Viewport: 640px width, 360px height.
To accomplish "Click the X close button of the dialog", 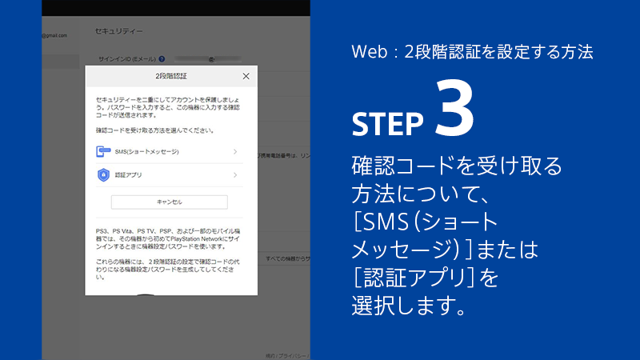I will pos(246,76).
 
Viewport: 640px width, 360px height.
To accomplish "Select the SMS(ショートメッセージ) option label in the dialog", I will pos(146,151).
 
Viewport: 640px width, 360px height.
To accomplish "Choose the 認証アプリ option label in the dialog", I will pos(129,174).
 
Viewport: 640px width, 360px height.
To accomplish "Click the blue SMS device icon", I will pos(102,151).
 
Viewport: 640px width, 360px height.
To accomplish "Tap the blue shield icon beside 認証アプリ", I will pos(102,174).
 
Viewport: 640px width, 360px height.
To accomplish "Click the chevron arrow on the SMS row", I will pos(235,151).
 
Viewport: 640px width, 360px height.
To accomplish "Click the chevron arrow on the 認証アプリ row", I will pos(235,174).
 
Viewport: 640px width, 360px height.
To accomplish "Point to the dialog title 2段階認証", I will pos(171,76).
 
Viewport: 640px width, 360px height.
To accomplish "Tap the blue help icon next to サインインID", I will pos(162,59).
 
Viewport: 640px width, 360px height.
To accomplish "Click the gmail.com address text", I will pos(55,35).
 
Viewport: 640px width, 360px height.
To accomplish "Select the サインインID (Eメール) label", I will pos(126,59).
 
